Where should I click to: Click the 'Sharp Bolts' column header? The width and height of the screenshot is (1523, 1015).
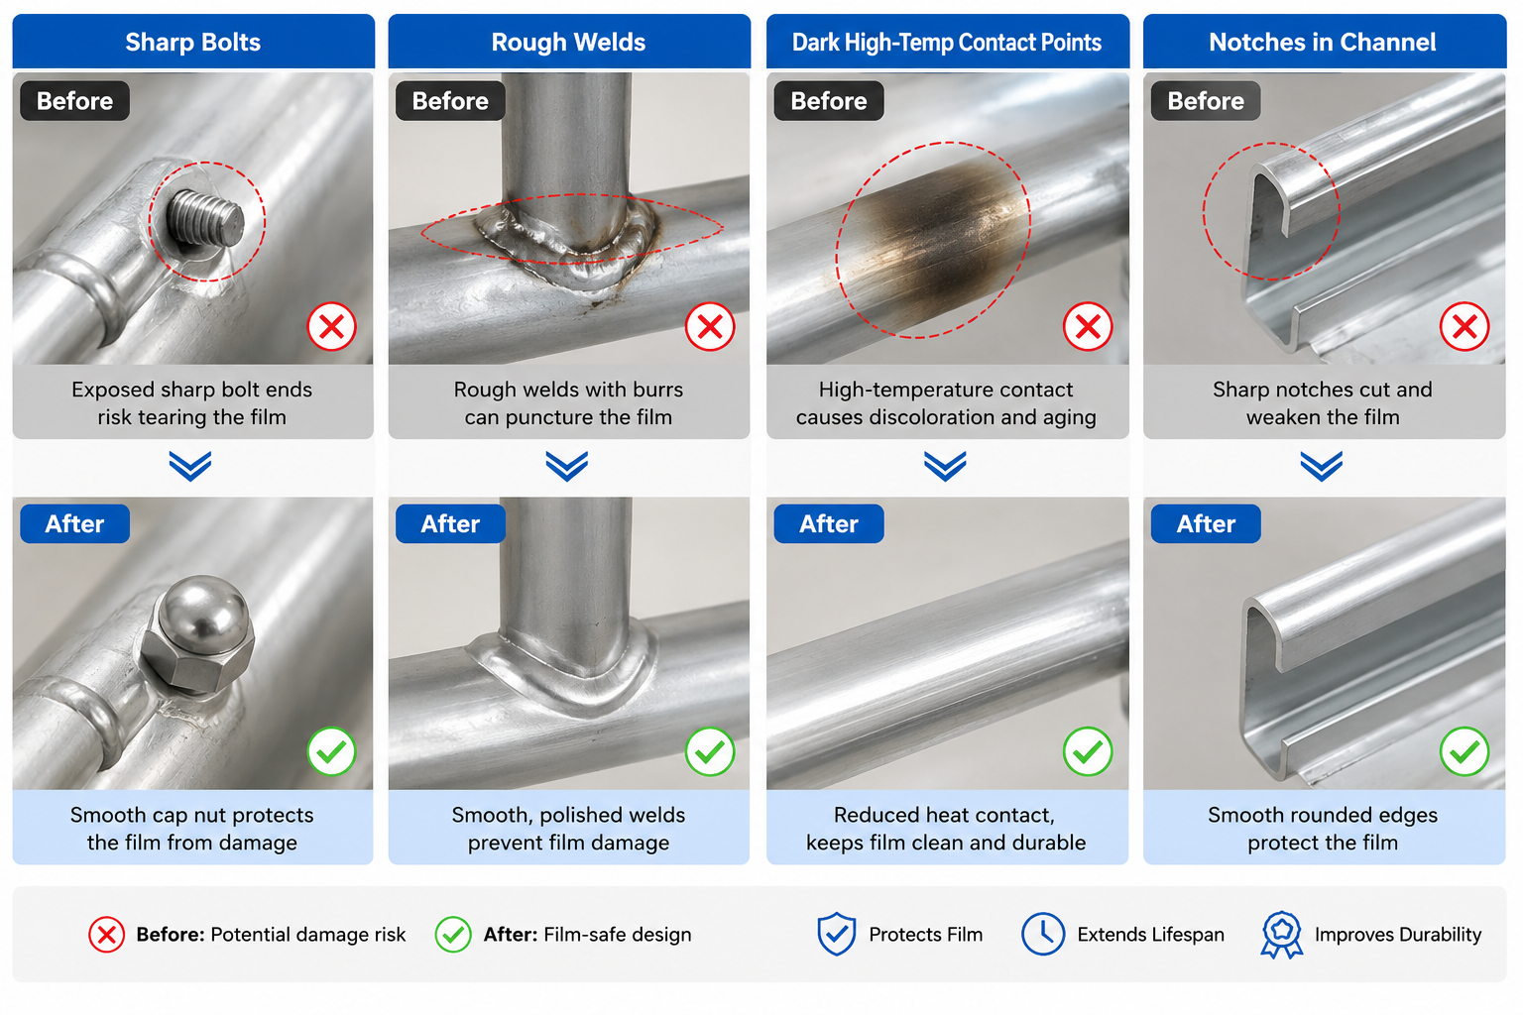pos(193,43)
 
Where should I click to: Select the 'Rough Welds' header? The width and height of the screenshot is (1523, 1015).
pos(568,43)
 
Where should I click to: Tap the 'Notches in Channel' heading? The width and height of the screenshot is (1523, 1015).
pos(1323,43)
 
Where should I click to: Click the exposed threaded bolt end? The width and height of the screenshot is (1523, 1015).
pos(206,218)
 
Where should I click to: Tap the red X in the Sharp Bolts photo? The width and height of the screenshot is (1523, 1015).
pos(332,327)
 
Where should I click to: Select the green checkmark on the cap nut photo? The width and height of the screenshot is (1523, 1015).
pos(332,752)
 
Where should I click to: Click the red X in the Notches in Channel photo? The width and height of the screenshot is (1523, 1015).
pos(1464,327)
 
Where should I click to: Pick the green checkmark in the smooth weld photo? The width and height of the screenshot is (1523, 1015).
pos(710,752)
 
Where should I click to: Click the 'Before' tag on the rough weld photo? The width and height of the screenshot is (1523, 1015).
pos(450,101)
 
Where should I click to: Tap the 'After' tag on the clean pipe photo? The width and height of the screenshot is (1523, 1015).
pos(829,524)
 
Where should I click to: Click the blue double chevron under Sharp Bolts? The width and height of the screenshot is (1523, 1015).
pos(190,467)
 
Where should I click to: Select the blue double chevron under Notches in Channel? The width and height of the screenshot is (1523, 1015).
pos(1322,467)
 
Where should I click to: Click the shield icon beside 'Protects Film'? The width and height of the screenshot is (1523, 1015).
pos(836,934)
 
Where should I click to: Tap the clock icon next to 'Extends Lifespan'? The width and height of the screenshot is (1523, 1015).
pos(1043,934)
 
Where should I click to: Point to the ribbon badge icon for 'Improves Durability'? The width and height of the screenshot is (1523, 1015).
pos(1282,935)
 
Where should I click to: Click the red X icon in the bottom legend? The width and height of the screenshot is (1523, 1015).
pos(107,935)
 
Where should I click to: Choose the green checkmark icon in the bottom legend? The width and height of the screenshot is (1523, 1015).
pos(453,935)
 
